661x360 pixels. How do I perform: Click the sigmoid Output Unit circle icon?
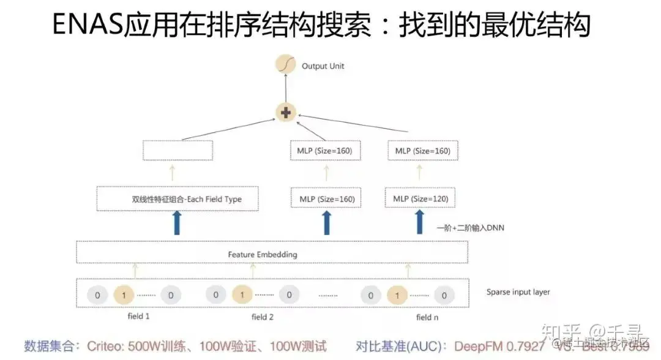point(285,66)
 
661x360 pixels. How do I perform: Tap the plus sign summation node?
point(285,113)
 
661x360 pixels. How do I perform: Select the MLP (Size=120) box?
point(420,199)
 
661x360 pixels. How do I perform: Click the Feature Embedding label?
point(263,254)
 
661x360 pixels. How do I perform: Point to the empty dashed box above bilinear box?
point(177,151)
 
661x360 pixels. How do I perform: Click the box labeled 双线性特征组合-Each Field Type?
point(178,199)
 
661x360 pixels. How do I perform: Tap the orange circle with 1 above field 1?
point(124,295)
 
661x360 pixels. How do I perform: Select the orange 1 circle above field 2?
point(242,295)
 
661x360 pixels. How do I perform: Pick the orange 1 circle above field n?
point(397,296)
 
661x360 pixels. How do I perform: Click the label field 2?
point(263,317)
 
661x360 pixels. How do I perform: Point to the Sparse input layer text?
point(518,292)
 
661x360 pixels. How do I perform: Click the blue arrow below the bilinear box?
point(178,223)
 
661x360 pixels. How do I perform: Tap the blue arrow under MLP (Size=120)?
point(420,222)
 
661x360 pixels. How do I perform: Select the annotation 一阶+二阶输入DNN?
point(470,228)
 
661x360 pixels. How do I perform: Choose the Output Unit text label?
point(323,66)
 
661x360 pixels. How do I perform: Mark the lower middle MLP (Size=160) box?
point(326,199)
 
